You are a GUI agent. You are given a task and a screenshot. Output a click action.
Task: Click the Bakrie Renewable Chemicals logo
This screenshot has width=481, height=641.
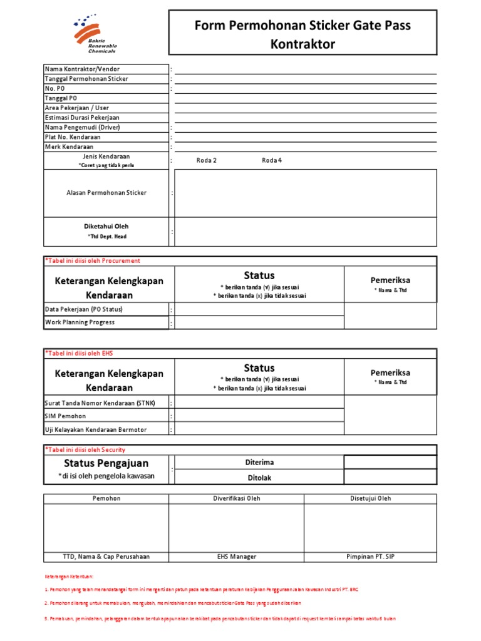tap(95, 35)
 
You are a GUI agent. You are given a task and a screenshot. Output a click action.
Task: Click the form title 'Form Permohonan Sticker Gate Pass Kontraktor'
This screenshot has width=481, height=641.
tap(303, 34)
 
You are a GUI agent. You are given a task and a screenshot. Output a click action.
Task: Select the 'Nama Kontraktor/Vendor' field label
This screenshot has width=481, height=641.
tap(82, 69)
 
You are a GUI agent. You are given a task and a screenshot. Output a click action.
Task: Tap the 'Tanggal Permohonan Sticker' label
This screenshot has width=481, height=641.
tap(86, 79)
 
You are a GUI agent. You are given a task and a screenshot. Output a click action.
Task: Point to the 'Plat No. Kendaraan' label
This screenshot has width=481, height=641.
tap(73, 137)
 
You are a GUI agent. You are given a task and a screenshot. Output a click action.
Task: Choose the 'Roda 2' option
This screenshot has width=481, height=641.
tap(206, 160)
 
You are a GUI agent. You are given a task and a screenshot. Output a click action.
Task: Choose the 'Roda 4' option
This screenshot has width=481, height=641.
tap(272, 160)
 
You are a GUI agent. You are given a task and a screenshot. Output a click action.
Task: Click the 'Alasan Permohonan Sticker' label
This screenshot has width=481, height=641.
tap(106, 193)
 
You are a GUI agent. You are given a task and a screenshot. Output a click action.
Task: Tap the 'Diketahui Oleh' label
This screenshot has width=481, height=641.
tap(106, 227)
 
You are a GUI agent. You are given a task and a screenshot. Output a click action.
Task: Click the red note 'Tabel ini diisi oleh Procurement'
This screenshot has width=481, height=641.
tap(93, 261)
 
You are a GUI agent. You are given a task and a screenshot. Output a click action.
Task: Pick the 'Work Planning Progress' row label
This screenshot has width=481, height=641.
tap(80, 322)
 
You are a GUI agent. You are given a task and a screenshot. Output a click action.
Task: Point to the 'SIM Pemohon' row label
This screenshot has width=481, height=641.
tap(66, 416)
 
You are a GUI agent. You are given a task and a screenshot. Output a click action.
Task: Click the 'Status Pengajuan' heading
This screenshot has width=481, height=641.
tap(106, 463)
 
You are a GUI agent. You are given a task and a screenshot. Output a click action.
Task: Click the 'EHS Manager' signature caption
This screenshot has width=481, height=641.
tap(235, 556)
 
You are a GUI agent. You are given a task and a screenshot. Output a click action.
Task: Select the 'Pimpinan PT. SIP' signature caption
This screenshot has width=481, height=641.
tap(370, 556)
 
